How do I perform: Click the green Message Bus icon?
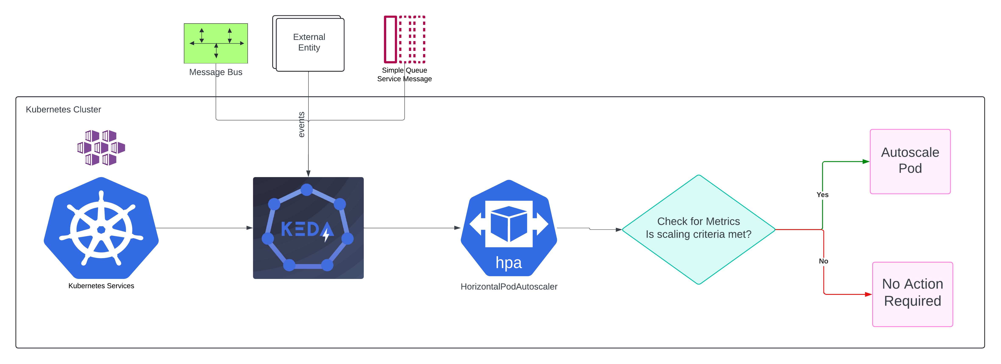216,43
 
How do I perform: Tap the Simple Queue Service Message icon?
404,39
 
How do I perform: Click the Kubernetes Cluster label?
63,110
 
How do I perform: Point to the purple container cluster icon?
101,148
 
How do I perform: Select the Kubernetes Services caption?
101,286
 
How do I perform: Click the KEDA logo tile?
308,228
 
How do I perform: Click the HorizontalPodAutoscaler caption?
509,287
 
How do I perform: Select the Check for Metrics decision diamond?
698,230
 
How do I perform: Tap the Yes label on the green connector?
822,195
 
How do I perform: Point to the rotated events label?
301,125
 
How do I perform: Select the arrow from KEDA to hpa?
412,228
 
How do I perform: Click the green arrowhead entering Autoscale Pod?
866,161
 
